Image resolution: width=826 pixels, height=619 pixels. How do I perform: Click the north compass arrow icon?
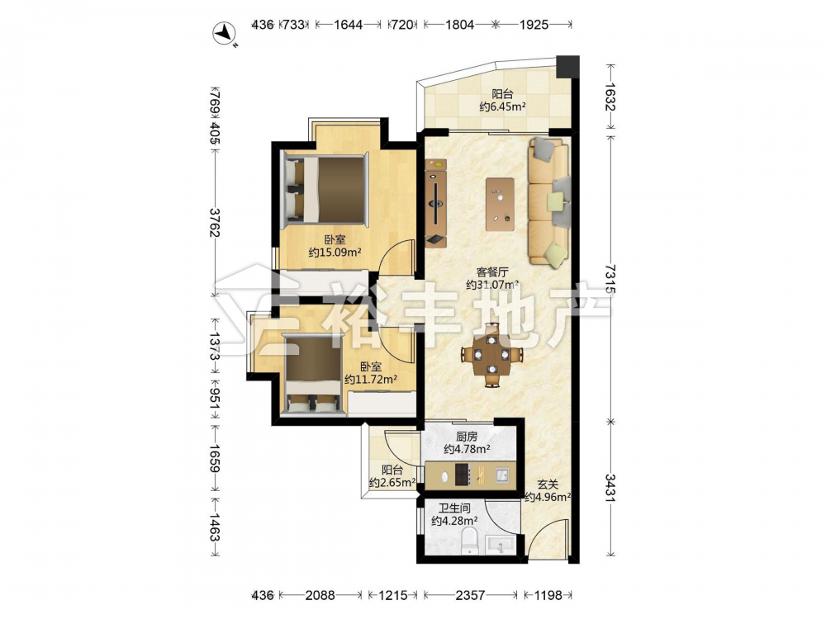(224, 33)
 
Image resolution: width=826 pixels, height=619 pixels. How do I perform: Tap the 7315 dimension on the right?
(610, 279)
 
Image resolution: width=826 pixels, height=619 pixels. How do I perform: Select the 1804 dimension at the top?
(459, 24)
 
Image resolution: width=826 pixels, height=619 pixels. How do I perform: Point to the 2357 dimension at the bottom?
(469, 595)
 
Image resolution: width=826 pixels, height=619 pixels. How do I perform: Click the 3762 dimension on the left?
(215, 223)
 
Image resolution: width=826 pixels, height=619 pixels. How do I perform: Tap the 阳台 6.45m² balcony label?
(502, 101)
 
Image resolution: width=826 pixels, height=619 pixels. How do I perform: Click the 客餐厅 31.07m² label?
(492, 278)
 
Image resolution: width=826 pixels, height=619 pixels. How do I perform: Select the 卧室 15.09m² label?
(335, 246)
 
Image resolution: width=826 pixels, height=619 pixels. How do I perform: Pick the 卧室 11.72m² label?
(371, 373)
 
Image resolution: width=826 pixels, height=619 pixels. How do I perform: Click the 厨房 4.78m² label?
(468, 442)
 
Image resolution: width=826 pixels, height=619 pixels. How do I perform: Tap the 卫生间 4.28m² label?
(454, 514)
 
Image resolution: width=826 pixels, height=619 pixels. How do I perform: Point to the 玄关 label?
(548, 484)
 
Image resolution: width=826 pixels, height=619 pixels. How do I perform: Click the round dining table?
(492, 354)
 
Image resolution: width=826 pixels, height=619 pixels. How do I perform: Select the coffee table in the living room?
(500, 204)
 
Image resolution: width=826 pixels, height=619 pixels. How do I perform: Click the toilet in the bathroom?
(468, 541)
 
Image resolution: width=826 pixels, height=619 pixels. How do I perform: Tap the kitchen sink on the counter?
(502, 475)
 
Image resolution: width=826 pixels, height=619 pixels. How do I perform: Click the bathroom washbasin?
(500, 545)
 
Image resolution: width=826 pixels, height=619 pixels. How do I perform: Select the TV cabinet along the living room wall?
(435, 203)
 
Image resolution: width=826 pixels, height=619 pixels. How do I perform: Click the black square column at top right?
(568, 66)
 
